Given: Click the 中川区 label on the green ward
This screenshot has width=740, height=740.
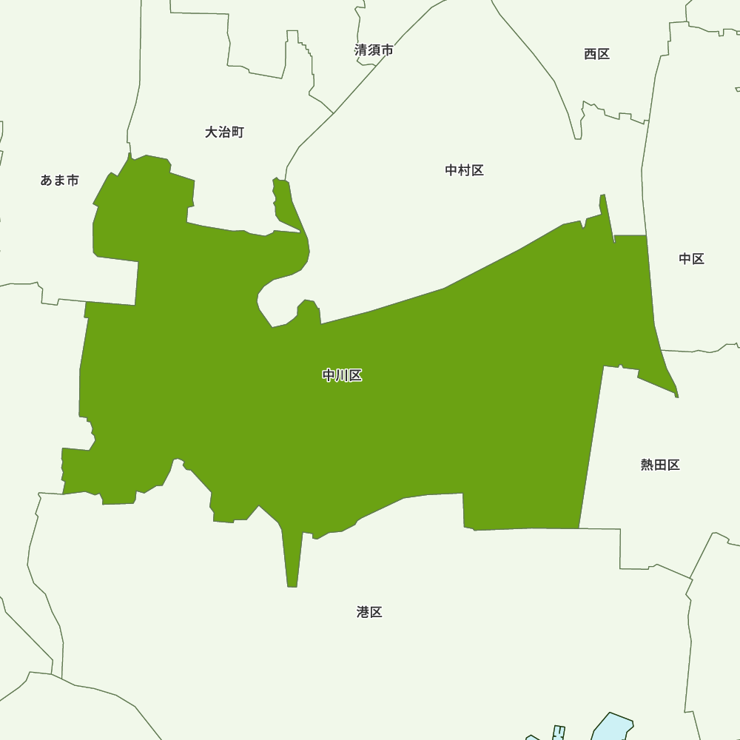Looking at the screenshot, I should click(342, 376).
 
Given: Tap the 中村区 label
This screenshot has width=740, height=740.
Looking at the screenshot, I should click(464, 170).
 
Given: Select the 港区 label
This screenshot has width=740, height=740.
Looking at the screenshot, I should click(369, 612).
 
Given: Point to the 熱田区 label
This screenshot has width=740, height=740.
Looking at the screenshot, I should click(660, 465).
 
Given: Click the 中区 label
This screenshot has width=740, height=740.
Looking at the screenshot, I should click(691, 258).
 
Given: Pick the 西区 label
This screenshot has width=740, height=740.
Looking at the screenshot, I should click(596, 54).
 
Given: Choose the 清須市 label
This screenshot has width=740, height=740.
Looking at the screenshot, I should click(374, 50).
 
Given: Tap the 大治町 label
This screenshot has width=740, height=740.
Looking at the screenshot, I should click(224, 132).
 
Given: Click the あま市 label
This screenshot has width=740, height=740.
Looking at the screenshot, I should click(59, 181).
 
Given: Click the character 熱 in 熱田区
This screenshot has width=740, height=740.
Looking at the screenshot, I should click(647, 465).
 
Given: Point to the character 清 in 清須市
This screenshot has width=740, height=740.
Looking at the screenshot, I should click(361, 50).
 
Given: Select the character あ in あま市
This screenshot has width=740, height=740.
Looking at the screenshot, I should click(47, 181).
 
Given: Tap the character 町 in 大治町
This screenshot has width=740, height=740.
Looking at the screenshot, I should click(237, 132).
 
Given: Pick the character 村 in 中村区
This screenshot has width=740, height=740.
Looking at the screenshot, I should click(464, 170).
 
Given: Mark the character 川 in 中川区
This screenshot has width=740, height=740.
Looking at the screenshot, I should click(342, 376).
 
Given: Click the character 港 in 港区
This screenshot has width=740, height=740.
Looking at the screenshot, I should click(363, 612).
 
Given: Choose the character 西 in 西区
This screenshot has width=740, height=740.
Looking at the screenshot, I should click(590, 54).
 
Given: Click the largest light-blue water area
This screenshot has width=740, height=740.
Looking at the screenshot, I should click(613, 727).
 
